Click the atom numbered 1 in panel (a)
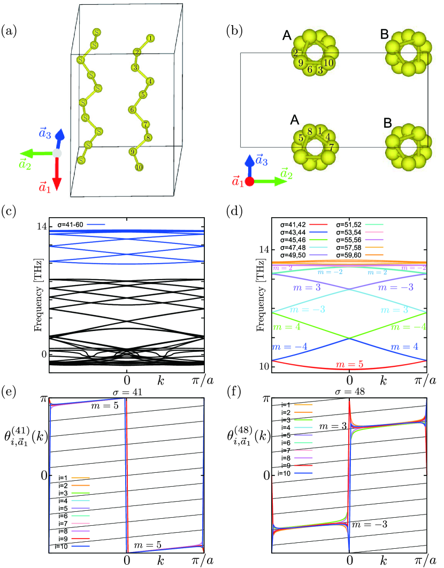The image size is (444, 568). [x=150, y=39]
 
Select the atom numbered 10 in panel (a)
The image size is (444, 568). [x=140, y=167]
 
